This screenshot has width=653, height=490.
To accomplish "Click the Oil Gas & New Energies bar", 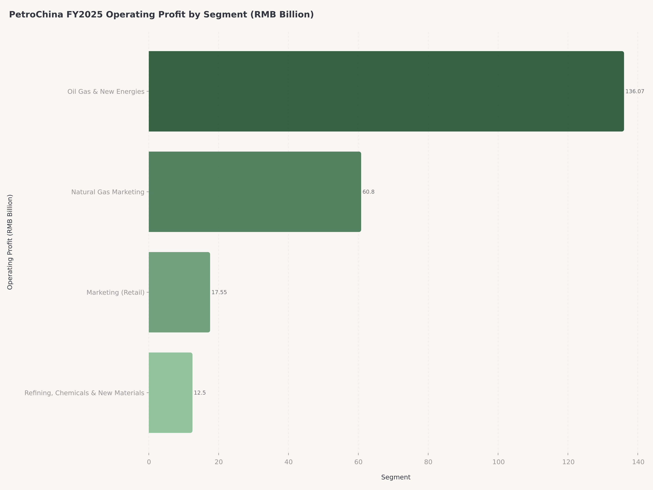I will click(386, 91).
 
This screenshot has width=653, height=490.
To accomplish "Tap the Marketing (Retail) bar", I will click(179, 292).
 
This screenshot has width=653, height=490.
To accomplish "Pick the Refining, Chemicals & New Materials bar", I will click(170, 393).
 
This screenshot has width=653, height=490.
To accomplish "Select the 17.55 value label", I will click(219, 292).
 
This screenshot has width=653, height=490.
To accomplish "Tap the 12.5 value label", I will click(200, 393).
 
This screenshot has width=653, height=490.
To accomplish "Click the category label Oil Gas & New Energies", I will click(106, 92).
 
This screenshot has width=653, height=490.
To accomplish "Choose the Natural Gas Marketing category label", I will click(108, 192).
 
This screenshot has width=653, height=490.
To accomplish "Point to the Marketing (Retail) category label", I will click(115, 292).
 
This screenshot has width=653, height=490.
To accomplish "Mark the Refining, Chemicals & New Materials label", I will click(84, 393).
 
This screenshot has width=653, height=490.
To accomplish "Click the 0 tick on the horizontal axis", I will click(149, 462).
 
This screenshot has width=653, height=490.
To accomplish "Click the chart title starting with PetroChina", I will click(161, 15).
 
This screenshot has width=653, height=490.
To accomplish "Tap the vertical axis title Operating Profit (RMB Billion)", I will click(10, 242).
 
